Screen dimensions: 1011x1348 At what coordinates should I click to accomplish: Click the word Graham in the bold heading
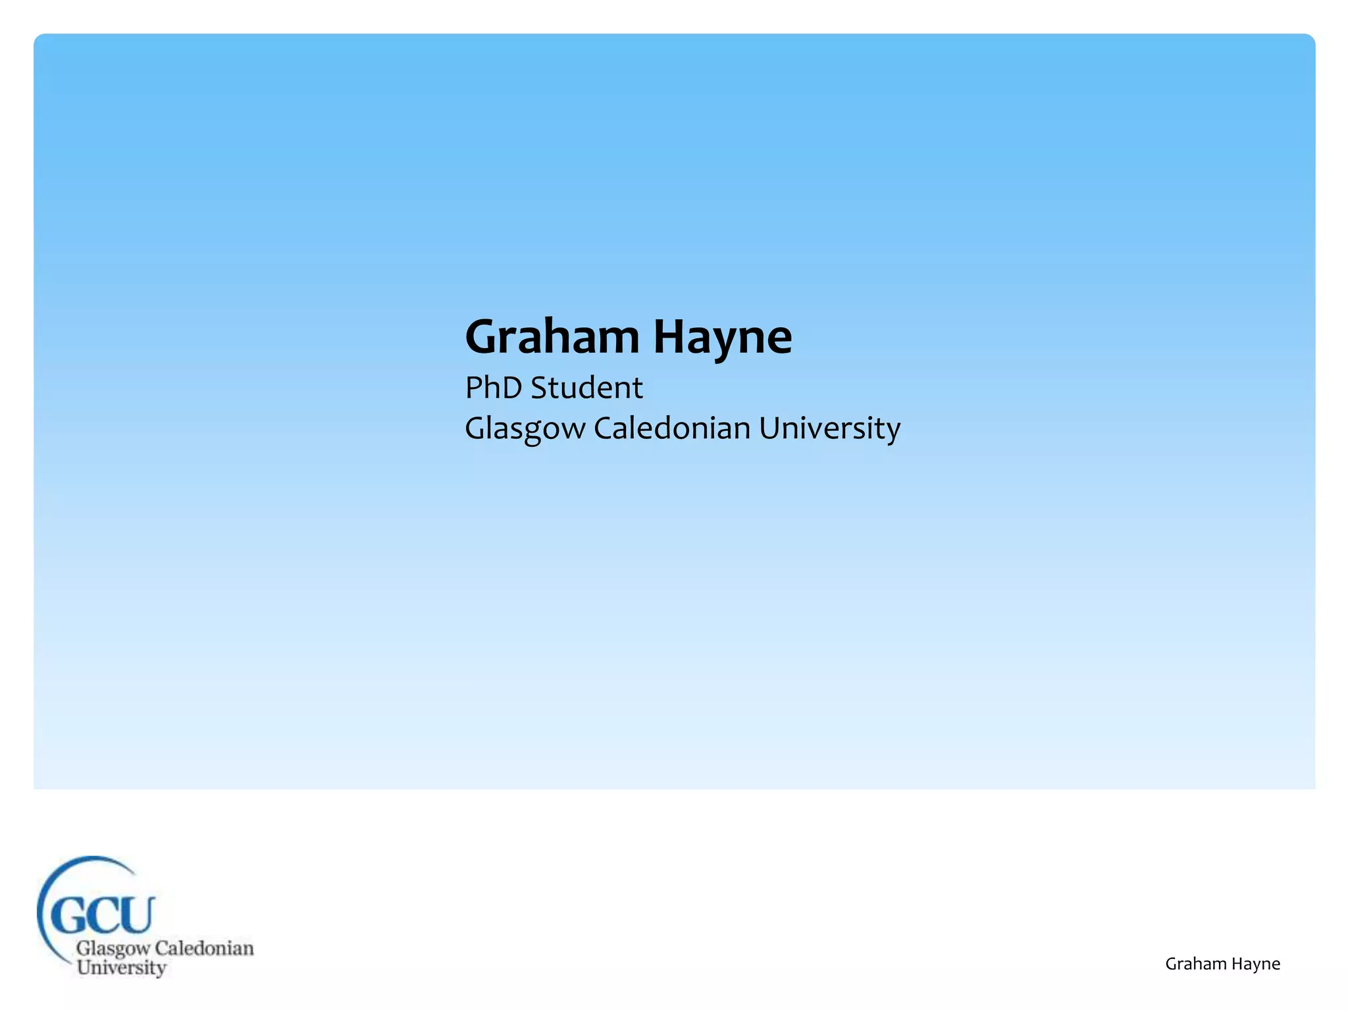point(552,337)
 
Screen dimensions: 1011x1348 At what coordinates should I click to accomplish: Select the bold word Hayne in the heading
point(722,337)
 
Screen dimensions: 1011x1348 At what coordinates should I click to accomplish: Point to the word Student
point(586,388)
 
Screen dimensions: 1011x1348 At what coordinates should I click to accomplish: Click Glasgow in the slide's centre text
point(525,428)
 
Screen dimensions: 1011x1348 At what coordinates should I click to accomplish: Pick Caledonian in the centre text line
point(672,428)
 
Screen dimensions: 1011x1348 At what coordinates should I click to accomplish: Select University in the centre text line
point(829,428)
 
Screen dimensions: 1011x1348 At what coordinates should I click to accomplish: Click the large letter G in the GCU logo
point(68,914)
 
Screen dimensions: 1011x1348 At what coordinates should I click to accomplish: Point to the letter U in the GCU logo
point(136,913)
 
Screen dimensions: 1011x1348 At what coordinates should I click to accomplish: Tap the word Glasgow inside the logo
point(113,949)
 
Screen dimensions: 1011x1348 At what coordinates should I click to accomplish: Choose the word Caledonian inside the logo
point(204,948)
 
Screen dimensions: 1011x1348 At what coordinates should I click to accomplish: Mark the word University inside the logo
point(121,968)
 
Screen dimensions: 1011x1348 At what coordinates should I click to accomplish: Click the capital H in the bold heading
point(669,337)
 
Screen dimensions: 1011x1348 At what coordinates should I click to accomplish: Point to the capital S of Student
point(540,388)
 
